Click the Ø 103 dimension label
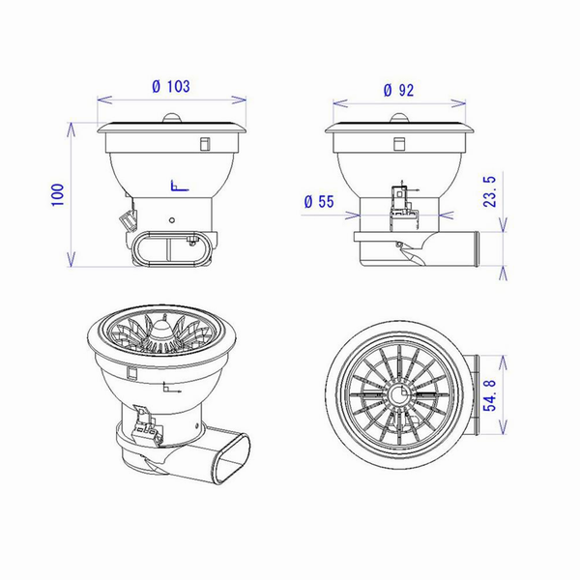click(x=171, y=87)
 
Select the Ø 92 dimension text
click(x=398, y=90)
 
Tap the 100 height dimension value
click(x=58, y=194)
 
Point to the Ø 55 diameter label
click(x=319, y=202)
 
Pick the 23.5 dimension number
click(x=489, y=191)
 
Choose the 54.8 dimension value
click(x=489, y=395)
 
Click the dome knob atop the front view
click(x=172, y=118)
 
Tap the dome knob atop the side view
click(x=399, y=118)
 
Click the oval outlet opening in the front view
click(x=169, y=247)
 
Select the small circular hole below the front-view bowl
click(x=172, y=220)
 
